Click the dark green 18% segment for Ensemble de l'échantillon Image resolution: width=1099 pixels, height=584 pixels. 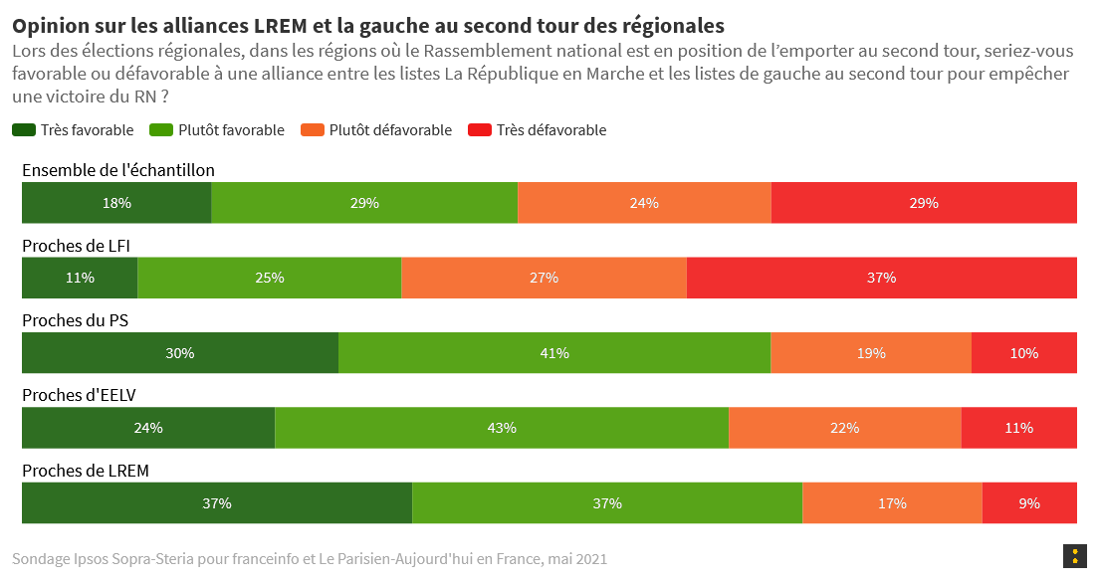(x=116, y=203)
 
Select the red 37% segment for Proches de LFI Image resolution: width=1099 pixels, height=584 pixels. (x=881, y=278)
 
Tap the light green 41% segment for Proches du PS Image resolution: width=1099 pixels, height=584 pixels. (x=554, y=353)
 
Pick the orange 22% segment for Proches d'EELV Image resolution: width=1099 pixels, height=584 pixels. (x=844, y=428)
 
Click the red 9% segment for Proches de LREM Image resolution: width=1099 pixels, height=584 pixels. (x=1028, y=503)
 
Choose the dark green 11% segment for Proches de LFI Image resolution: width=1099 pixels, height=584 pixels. (x=80, y=278)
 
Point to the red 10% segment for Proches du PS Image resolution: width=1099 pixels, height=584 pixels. (x=1023, y=353)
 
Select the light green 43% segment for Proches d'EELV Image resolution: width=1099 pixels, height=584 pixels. (x=502, y=428)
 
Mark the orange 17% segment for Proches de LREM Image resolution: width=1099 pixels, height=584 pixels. (x=892, y=503)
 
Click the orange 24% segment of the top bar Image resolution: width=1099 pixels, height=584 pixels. (x=644, y=203)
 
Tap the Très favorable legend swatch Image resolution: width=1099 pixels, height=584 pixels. (x=24, y=130)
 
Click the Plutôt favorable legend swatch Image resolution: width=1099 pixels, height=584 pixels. (x=161, y=130)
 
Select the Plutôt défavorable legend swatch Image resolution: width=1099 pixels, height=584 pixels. (x=313, y=130)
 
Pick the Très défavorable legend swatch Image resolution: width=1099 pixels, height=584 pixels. (x=480, y=130)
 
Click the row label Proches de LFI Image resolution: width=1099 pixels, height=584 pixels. (x=76, y=245)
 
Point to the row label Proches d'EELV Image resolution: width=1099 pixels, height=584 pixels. (x=79, y=395)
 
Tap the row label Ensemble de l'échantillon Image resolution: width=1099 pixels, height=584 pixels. (x=117, y=170)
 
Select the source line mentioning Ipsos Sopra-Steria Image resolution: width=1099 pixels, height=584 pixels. (x=309, y=559)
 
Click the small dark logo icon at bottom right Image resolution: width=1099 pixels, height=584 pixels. (x=1074, y=557)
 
